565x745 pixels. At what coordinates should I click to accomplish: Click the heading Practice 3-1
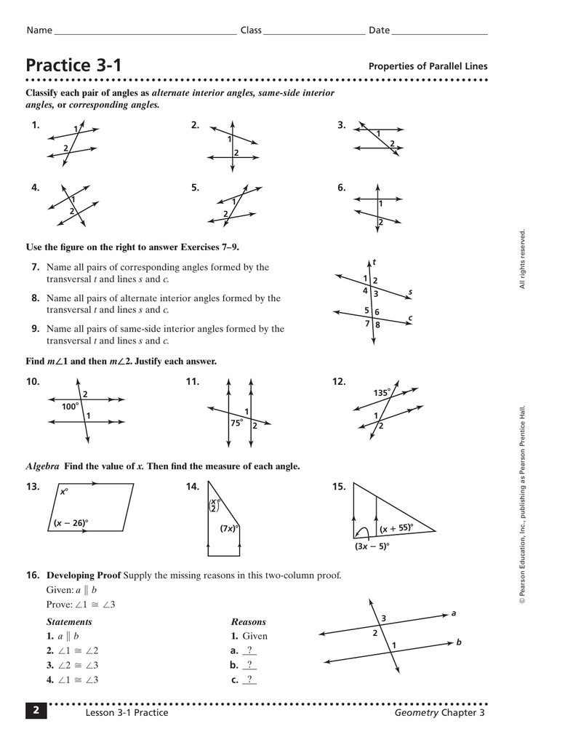point(74,65)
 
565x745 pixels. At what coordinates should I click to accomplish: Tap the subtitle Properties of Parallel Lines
point(428,66)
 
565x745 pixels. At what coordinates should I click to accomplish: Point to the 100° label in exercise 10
point(70,407)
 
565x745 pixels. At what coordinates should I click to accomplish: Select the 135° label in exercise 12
point(382,393)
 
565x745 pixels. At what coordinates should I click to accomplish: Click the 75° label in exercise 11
point(236,423)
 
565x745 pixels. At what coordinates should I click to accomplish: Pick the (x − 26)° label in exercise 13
point(71,523)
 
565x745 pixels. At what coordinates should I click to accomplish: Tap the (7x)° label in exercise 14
point(230,528)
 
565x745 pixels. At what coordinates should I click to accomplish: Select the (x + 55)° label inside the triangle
point(396,529)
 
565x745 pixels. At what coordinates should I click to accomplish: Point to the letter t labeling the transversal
point(374,262)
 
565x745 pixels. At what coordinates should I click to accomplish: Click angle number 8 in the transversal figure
point(377,324)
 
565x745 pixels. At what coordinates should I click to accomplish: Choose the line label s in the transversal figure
point(410,292)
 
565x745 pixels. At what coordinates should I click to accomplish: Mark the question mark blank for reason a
point(249,650)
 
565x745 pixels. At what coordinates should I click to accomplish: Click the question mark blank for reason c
point(249,680)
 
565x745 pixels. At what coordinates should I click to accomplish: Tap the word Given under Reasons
point(255,636)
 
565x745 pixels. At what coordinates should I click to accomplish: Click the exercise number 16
point(32,575)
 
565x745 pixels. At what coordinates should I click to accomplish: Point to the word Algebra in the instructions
point(42,466)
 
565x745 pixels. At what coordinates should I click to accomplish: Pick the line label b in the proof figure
point(459,642)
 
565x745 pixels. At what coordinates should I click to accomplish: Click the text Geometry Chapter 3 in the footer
point(439,713)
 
